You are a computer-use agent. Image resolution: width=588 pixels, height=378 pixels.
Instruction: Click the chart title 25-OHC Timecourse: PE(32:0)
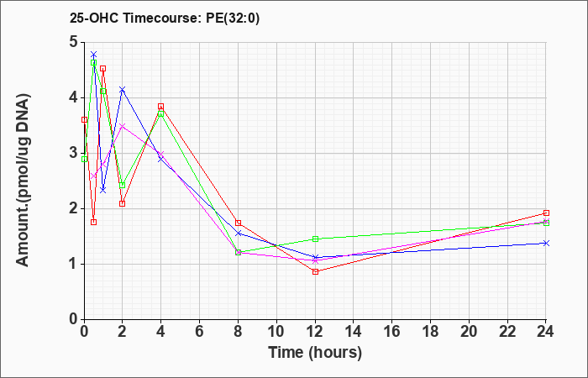point(165,18)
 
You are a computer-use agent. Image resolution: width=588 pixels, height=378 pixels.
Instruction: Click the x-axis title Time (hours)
point(315,353)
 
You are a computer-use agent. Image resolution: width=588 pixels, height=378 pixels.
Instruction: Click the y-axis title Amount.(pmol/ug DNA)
point(24,181)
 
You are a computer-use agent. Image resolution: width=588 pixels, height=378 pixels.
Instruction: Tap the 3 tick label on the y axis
point(74,154)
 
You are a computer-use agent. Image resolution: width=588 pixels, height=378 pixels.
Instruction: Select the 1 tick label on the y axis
point(74,264)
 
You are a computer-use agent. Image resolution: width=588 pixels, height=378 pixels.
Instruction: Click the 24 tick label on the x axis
point(546,332)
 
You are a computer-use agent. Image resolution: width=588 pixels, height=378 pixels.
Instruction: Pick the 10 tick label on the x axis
point(276,332)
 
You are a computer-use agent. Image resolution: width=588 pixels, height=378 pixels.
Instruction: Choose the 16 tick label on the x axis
point(392,332)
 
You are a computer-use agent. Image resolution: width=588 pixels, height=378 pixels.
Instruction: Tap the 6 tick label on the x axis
point(200,332)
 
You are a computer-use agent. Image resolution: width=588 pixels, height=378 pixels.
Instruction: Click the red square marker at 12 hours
point(315,271)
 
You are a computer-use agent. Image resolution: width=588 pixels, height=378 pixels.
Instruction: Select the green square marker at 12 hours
point(315,239)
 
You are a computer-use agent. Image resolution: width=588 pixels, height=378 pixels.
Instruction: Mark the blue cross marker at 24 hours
point(546,243)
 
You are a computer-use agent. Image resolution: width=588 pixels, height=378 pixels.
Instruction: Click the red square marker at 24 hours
point(546,213)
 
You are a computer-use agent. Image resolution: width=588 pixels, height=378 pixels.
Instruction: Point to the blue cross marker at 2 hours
point(123,89)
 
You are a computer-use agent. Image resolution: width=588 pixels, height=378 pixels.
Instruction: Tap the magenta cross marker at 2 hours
point(123,126)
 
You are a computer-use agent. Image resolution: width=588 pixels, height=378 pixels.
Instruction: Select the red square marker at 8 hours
point(238,223)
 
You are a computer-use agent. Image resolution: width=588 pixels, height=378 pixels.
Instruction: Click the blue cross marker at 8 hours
point(238,234)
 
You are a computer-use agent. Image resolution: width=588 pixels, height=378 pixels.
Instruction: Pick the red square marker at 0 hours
point(84,119)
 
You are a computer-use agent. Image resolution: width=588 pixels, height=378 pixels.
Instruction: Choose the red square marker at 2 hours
point(123,203)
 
